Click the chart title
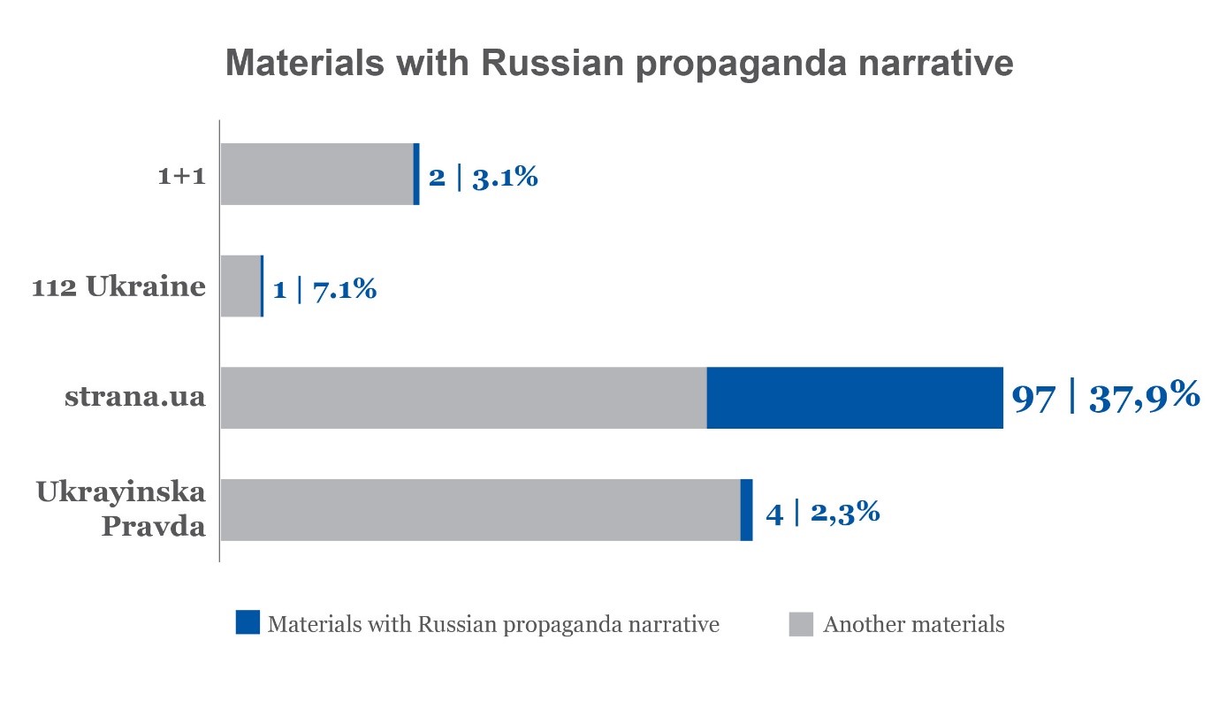point(619,65)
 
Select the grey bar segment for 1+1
point(316,174)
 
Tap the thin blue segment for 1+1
point(416,174)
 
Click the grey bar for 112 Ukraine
point(240,286)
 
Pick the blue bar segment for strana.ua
point(855,398)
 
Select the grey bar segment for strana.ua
point(463,398)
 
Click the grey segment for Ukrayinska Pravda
point(479,509)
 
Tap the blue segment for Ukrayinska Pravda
point(746,509)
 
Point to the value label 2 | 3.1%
point(483,177)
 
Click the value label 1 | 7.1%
point(324,288)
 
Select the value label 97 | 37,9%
point(1105,398)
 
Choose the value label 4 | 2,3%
point(822,512)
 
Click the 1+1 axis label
point(181,176)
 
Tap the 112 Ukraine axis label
point(118,287)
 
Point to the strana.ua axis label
point(134,397)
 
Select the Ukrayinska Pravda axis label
point(121,509)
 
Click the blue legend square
point(248,622)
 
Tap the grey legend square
point(800,623)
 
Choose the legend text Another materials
point(913,624)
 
